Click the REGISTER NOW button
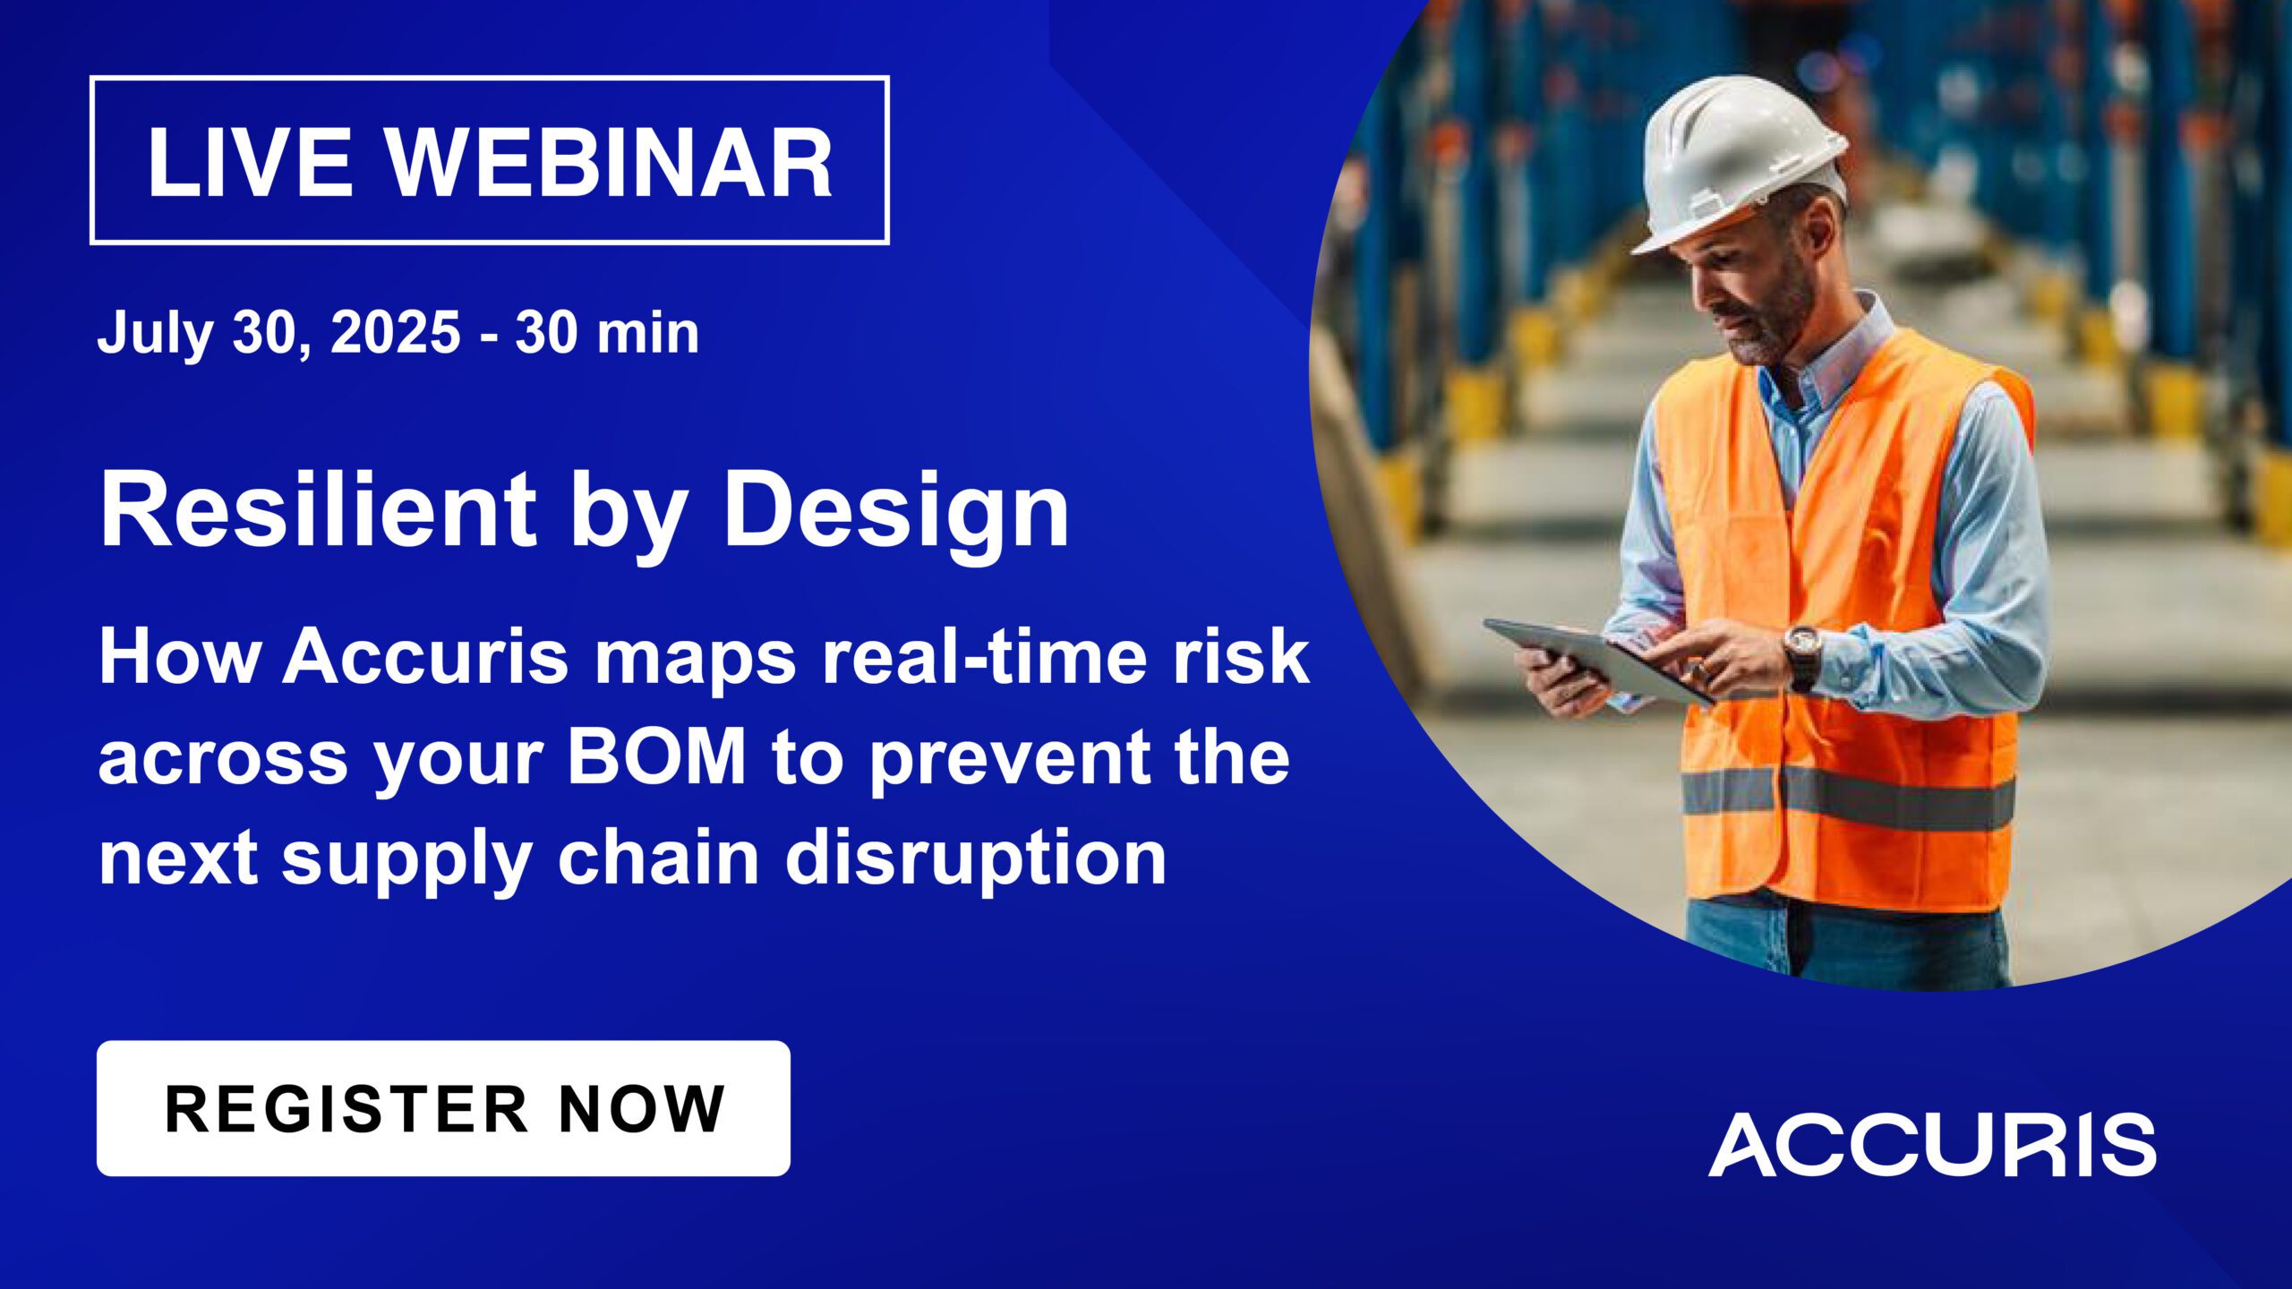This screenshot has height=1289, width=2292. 443,1108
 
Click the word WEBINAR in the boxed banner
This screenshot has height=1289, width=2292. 610,162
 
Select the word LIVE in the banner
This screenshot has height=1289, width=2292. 250,162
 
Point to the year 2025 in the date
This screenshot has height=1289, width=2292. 395,332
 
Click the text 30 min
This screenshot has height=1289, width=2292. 607,332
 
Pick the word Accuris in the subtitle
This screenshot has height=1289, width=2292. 426,656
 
